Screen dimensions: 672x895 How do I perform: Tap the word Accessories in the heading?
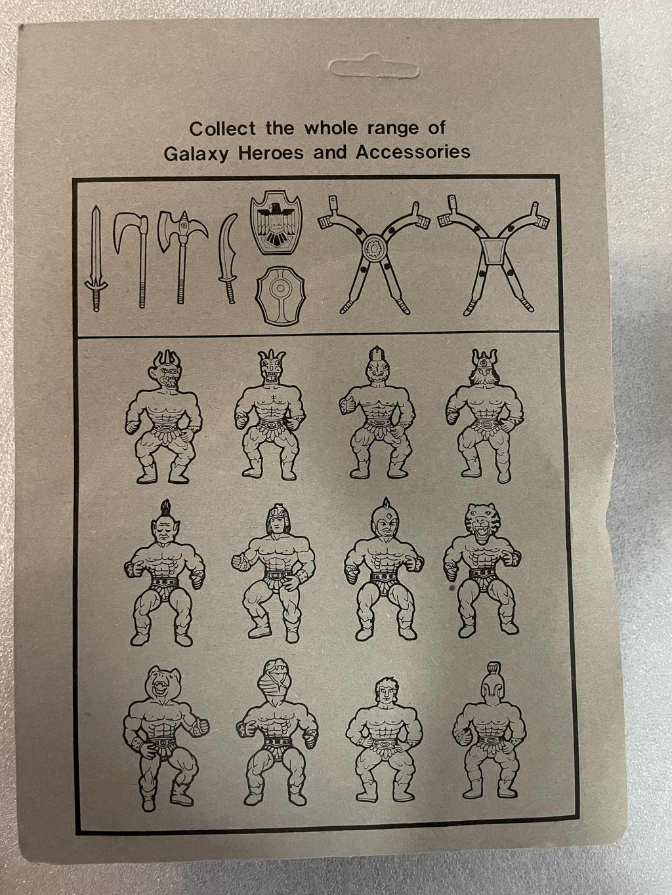click(x=413, y=152)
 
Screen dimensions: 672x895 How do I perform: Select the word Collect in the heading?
click(x=222, y=129)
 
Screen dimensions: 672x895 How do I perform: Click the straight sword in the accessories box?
click(x=96, y=258)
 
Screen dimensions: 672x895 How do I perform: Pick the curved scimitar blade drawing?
click(x=228, y=258)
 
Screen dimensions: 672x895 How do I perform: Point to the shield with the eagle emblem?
click(x=276, y=223)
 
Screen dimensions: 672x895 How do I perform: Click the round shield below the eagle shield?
click(x=280, y=295)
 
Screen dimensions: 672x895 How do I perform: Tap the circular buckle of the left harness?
click(x=374, y=247)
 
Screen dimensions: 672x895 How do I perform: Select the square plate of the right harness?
click(x=494, y=252)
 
